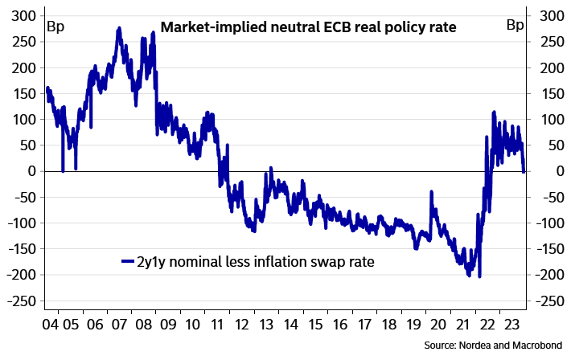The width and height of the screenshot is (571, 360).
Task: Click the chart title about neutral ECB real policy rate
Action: click(x=308, y=27)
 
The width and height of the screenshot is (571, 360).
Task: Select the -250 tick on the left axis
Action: click(x=22, y=301)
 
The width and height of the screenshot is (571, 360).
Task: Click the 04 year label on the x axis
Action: click(x=50, y=325)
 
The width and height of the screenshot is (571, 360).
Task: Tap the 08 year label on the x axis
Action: click(x=144, y=325)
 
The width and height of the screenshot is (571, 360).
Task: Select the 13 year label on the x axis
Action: click(x=266, y=325)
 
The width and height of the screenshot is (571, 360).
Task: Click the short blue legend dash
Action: click(x=128, y=261)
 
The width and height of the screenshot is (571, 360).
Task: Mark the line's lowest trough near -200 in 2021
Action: click(x=480, y=277)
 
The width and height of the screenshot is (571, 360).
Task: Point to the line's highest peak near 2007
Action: click(x=119, y=28)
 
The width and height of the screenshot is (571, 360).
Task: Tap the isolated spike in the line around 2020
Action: click(x=432, y=192)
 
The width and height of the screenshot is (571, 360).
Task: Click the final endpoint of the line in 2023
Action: click(x=524, y=171)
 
